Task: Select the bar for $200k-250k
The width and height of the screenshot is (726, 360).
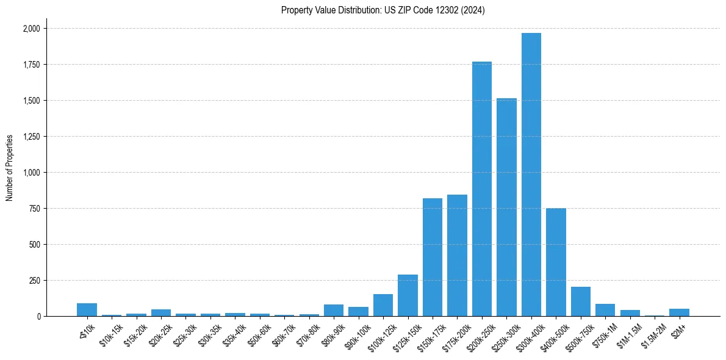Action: pyautogui.click(x=482, y=189)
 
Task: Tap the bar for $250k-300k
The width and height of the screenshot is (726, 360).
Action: pyautogui.click(x=506, y=207)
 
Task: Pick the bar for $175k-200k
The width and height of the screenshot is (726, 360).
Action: pyautogui.click(x=457, y=256)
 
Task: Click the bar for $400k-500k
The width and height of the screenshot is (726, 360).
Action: pyautogui.click(x=556, y=262)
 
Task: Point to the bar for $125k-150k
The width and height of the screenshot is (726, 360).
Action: pyautogui.click(x=408, y=296)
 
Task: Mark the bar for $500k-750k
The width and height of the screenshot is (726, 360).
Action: pyautogui.click(x=581, y=301)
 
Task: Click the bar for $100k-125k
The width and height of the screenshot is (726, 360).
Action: pyautogui.click(x=383, y=305)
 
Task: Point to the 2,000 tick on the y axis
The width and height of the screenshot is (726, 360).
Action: pyautogui.click(x=31, y=29)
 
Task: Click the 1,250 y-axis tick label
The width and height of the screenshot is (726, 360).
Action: pyautogui.click(x=31, y=137)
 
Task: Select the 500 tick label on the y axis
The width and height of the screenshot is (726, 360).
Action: pyautogui.click(x=35, y=245)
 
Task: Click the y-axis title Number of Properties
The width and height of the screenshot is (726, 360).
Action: pyautogui.click(x=10, y=168)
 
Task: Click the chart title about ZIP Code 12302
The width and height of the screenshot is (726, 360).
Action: pyautogui.click(x=383, y=10)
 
